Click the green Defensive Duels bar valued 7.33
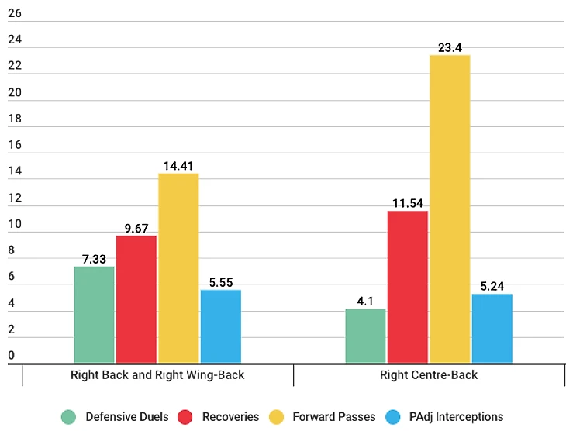[x=94, y=315]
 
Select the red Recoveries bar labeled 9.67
[x=136, y=299]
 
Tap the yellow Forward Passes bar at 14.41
[x=178, y=268]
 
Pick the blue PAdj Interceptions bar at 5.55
[x=220, y=326]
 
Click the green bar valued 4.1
[x=365, y=336]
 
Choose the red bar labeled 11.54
[x=407, y=287]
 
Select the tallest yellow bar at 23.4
[x=450, y=209]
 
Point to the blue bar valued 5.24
[x=492, y=329]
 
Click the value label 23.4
[x=450, y=48]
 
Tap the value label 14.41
[x=178, y=166]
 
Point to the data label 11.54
[x=407, y=203]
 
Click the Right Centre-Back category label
[x=429, y=375]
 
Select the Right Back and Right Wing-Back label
[x=157, y=375]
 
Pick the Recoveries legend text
[x=230, y=417]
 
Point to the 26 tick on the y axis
[x=15, y=14]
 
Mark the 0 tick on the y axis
[x=12, y=356]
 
